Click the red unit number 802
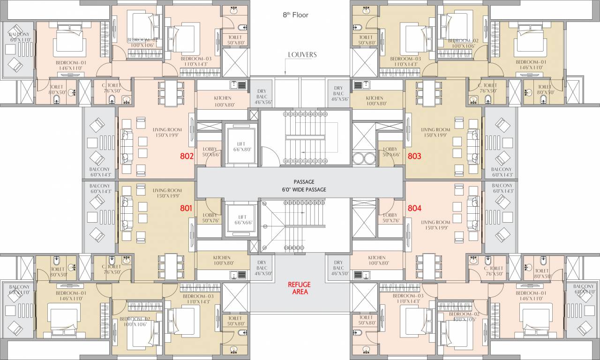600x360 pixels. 187,156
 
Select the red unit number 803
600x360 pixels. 414,156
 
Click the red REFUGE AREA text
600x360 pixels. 299,288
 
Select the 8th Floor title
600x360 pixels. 295,15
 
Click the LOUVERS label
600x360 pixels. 302,55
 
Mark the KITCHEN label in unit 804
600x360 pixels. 377,261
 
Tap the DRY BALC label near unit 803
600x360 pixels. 338,94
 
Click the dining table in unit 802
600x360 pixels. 171,92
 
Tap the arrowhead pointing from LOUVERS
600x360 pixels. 285,73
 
